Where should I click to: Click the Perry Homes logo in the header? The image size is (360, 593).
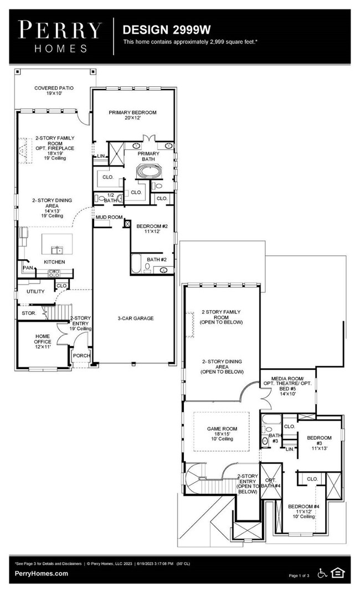(x=60, y=36)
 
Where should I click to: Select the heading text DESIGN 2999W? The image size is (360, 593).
(x=158, y=29)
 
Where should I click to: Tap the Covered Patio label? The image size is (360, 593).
(x=53, y=91)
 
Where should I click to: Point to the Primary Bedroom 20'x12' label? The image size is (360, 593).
(x=132, y=115)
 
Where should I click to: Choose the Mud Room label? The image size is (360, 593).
(x=109, y=218)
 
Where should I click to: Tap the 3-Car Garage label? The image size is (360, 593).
(x=135, y=318)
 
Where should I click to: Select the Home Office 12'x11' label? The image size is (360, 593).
(x=43, y=341)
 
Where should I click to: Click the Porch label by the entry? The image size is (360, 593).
(x=82, y=356)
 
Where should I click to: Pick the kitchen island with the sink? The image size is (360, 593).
(x=57, y=242)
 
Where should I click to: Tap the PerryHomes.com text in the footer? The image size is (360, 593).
(x=42, y=574)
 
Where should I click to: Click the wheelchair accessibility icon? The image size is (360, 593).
(x=323, y=573)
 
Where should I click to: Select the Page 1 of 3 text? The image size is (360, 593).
(x=301, y=576)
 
